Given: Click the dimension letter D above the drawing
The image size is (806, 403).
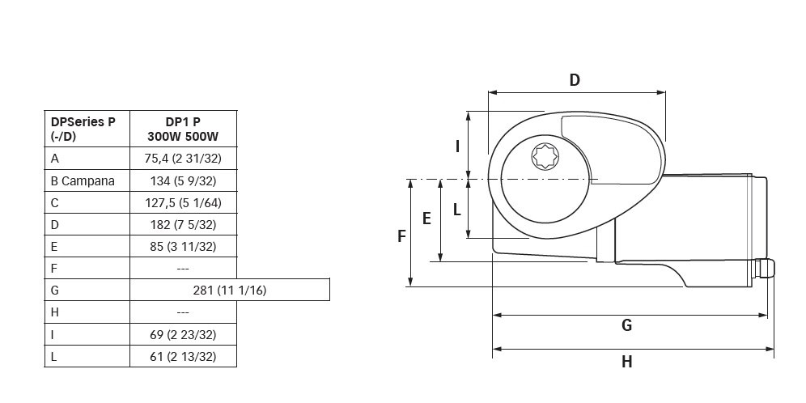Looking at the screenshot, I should pos(575,80).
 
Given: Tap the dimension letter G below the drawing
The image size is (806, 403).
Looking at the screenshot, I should pos(626,325).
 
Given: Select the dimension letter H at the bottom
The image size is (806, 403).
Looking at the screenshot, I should pos(626,362).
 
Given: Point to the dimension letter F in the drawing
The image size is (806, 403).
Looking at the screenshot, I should pos(401,236).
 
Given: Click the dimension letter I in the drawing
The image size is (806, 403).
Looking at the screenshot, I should pos(457,146).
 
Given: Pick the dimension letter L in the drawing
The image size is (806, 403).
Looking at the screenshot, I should pos(457,210).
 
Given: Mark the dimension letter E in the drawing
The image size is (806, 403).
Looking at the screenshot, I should pos(426,218).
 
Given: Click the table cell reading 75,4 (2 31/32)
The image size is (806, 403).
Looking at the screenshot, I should pos(182,159).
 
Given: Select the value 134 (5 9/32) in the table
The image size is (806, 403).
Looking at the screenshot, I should pos(182,180).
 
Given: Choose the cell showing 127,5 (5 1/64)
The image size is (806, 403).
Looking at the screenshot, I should pos(182,202).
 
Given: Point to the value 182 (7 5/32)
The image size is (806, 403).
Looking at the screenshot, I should pos(182,224).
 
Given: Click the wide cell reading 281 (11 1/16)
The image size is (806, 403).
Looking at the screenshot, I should pos(229,290).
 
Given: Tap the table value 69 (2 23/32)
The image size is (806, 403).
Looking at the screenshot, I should pos(182,334).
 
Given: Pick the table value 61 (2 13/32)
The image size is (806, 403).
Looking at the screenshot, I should pos(182,356).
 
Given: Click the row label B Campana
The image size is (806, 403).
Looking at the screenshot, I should pos(83,180).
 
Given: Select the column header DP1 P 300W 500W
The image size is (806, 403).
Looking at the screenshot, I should pos(182,129).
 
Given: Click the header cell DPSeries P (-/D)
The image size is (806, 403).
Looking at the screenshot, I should pos(83,129).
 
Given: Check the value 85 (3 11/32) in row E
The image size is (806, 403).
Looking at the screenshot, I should pos(182,246).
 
